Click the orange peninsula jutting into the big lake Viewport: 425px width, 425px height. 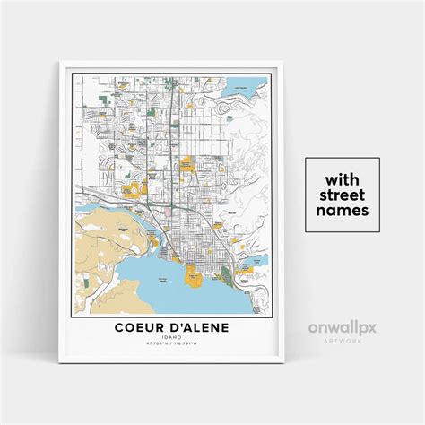(x=193, y=276)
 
